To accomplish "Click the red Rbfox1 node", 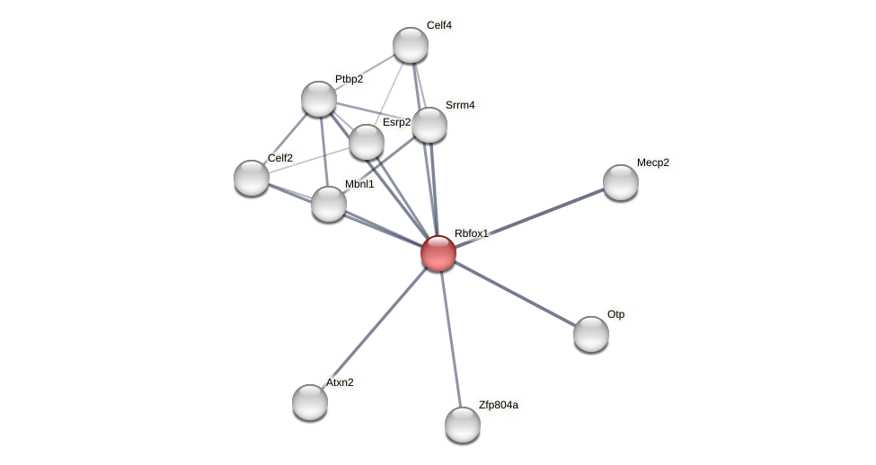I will pyautogui.click(x=438, y=253).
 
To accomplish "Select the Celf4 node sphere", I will pyautogui.click(x=411, y=45).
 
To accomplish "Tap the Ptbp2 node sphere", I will pyautogui.click(x=319, y=99).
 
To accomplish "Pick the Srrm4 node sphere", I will pyautogui.click(x=429, y=125).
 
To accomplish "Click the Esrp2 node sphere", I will pyautogui.click(x=367, y=142).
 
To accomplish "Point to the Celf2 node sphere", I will pyautogui.click(x=252, y=178).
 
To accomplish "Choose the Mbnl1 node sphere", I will pyautogui.click(x=329, y=204).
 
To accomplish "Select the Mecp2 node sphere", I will pyautogui.click(x=621, y=182).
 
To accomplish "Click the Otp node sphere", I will pyautogui.click(x=591, y=334).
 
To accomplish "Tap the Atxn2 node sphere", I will pyautogui.click(x=310, y=402).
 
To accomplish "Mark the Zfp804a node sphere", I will pyautogui.click(x=463, y=425).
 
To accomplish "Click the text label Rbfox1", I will pyautogui.click(x=471, y=233).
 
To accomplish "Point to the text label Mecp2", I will pyautogui.click(x=653, y=162).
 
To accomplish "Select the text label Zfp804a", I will pyautogui.click(x=498, y=405).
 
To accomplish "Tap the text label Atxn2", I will pyautogui.click(x=340, y=382).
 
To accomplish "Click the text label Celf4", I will pyautogui.click(x=438, y=25).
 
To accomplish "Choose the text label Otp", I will pyautogui.click(x=615, y=314).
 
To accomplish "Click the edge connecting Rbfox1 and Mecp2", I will pyautogui.click(x=530, y=217).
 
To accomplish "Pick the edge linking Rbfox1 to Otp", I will pyautogui.click(x=515, y=294).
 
